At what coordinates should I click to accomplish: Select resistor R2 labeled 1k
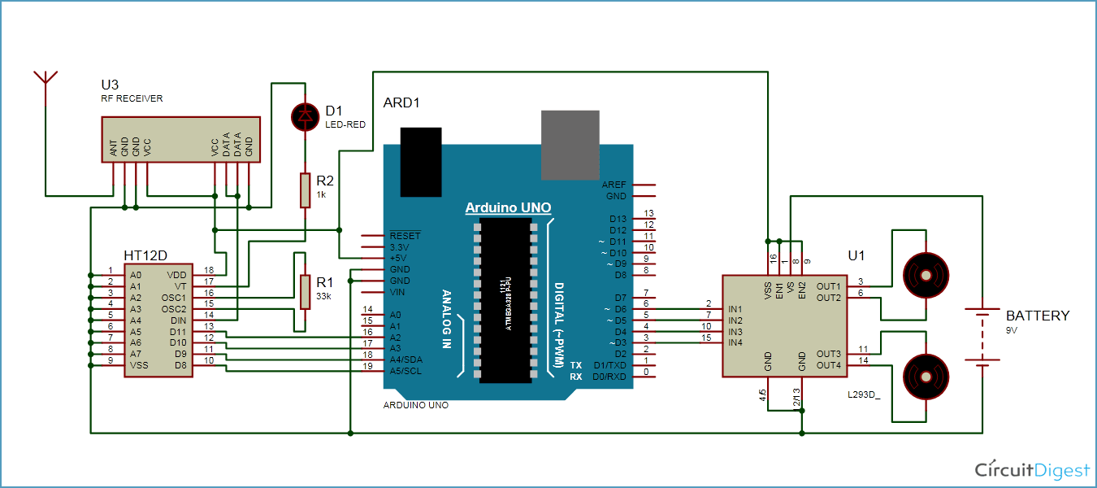(306, 190)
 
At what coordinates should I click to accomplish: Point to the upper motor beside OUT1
(926, 276)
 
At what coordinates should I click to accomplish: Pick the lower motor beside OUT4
(926, 376)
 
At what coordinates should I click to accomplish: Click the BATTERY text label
(1038, 316)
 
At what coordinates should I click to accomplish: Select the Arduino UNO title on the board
(508, 208)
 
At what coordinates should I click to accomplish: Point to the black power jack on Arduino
(421, 161)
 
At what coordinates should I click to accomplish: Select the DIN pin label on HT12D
(178, 320)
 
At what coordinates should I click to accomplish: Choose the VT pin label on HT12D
(180, 286)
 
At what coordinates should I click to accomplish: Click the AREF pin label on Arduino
(614, 185)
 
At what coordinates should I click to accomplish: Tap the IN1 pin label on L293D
(736, 309)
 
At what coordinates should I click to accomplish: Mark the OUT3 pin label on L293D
(828, 354)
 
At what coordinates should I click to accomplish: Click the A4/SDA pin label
(406, 359)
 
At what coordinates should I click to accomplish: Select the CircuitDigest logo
(1032, 469)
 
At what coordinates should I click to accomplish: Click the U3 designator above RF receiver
(110, 85)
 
